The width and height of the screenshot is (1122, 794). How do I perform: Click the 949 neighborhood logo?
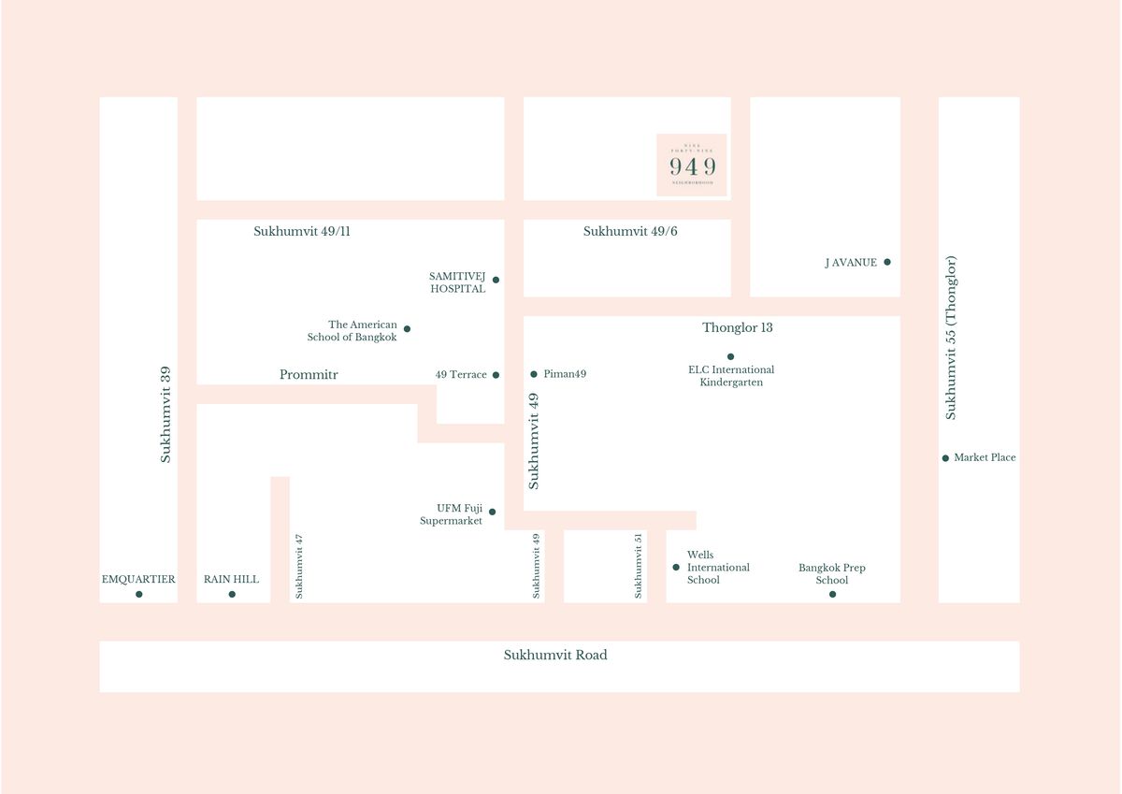tap(692, 166)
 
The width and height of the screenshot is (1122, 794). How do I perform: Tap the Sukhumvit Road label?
tap(555, 656)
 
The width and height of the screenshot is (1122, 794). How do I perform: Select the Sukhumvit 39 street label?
tap(165, 414)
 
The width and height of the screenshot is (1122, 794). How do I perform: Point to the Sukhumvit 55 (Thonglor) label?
tap(951, 338)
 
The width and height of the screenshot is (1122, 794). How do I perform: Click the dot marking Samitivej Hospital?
tap(496, 280)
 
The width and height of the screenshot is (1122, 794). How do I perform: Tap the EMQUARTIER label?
tap(138, 580)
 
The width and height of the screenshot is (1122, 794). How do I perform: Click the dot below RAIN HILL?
tap(232, 595)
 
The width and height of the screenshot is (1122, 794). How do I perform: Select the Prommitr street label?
tap(309, 375)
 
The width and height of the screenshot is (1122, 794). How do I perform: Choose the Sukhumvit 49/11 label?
tap(302, 231)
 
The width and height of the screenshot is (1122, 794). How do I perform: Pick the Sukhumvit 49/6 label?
tap(630, 231)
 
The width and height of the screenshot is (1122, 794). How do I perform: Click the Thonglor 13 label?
tap(738, 328)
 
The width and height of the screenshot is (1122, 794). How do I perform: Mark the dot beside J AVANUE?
tap(887, 262)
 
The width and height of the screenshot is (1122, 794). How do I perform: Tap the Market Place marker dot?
tap(945, 458)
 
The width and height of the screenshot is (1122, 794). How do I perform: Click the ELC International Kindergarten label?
tap(731, 376)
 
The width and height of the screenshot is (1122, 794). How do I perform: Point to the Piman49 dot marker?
tap(534, 374)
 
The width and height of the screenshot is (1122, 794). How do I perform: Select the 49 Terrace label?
tap(461, 375)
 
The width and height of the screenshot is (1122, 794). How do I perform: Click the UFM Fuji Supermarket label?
tap(452, 514)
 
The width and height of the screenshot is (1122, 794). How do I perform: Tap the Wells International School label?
tap(718, 568)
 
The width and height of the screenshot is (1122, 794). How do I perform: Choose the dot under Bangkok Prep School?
tap(832, 595)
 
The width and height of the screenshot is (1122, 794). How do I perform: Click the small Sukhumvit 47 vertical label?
tap(299, 566)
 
